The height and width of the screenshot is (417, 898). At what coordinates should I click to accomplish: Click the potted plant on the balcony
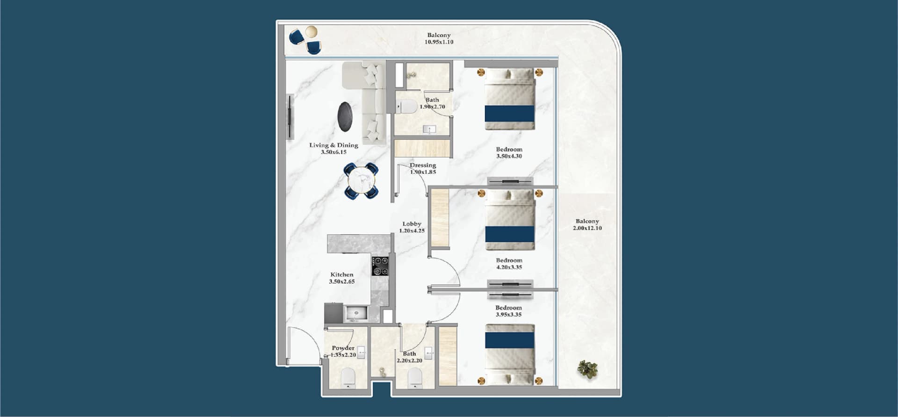pyautogui.click(x=587, y=369)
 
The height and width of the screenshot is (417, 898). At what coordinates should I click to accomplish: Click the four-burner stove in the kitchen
pyautogui.click(x=380, y=266)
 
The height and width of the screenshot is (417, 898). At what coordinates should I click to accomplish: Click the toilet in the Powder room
pyautogui.click(x=348, y=378)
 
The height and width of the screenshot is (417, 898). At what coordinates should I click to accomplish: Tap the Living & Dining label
pyautogui.click(x=333, y=145)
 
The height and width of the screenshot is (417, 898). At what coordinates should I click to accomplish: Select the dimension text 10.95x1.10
pyautogui.click(x=439, y=42)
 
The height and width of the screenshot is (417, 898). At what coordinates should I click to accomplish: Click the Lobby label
pyautogui.click(x=412, y=224)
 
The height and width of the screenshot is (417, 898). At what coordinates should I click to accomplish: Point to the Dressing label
pyautogui.click(x=423, y=165)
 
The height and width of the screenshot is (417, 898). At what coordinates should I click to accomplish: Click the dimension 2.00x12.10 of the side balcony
pyautogui.click(x=587, y=228)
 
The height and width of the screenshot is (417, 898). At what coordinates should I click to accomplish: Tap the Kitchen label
pyautogui.click(x=342, y=274)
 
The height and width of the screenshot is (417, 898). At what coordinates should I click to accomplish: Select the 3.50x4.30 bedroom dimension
pyautogui.click(x=509, y=156)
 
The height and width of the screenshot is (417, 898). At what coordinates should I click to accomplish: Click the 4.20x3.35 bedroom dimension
pyautogui.click(x=509, y=267)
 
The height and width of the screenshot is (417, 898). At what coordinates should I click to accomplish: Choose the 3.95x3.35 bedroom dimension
pyautogui.click(x=508, y=315)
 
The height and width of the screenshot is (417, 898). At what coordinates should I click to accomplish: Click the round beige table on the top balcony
pyautogui.click(x=311, y=32)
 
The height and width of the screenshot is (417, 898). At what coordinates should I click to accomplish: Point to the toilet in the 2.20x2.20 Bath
pyautogui.click(x=415, y=378)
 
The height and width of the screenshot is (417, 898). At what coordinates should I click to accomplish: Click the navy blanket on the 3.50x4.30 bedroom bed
pyautogui.click(x=509, y=113)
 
